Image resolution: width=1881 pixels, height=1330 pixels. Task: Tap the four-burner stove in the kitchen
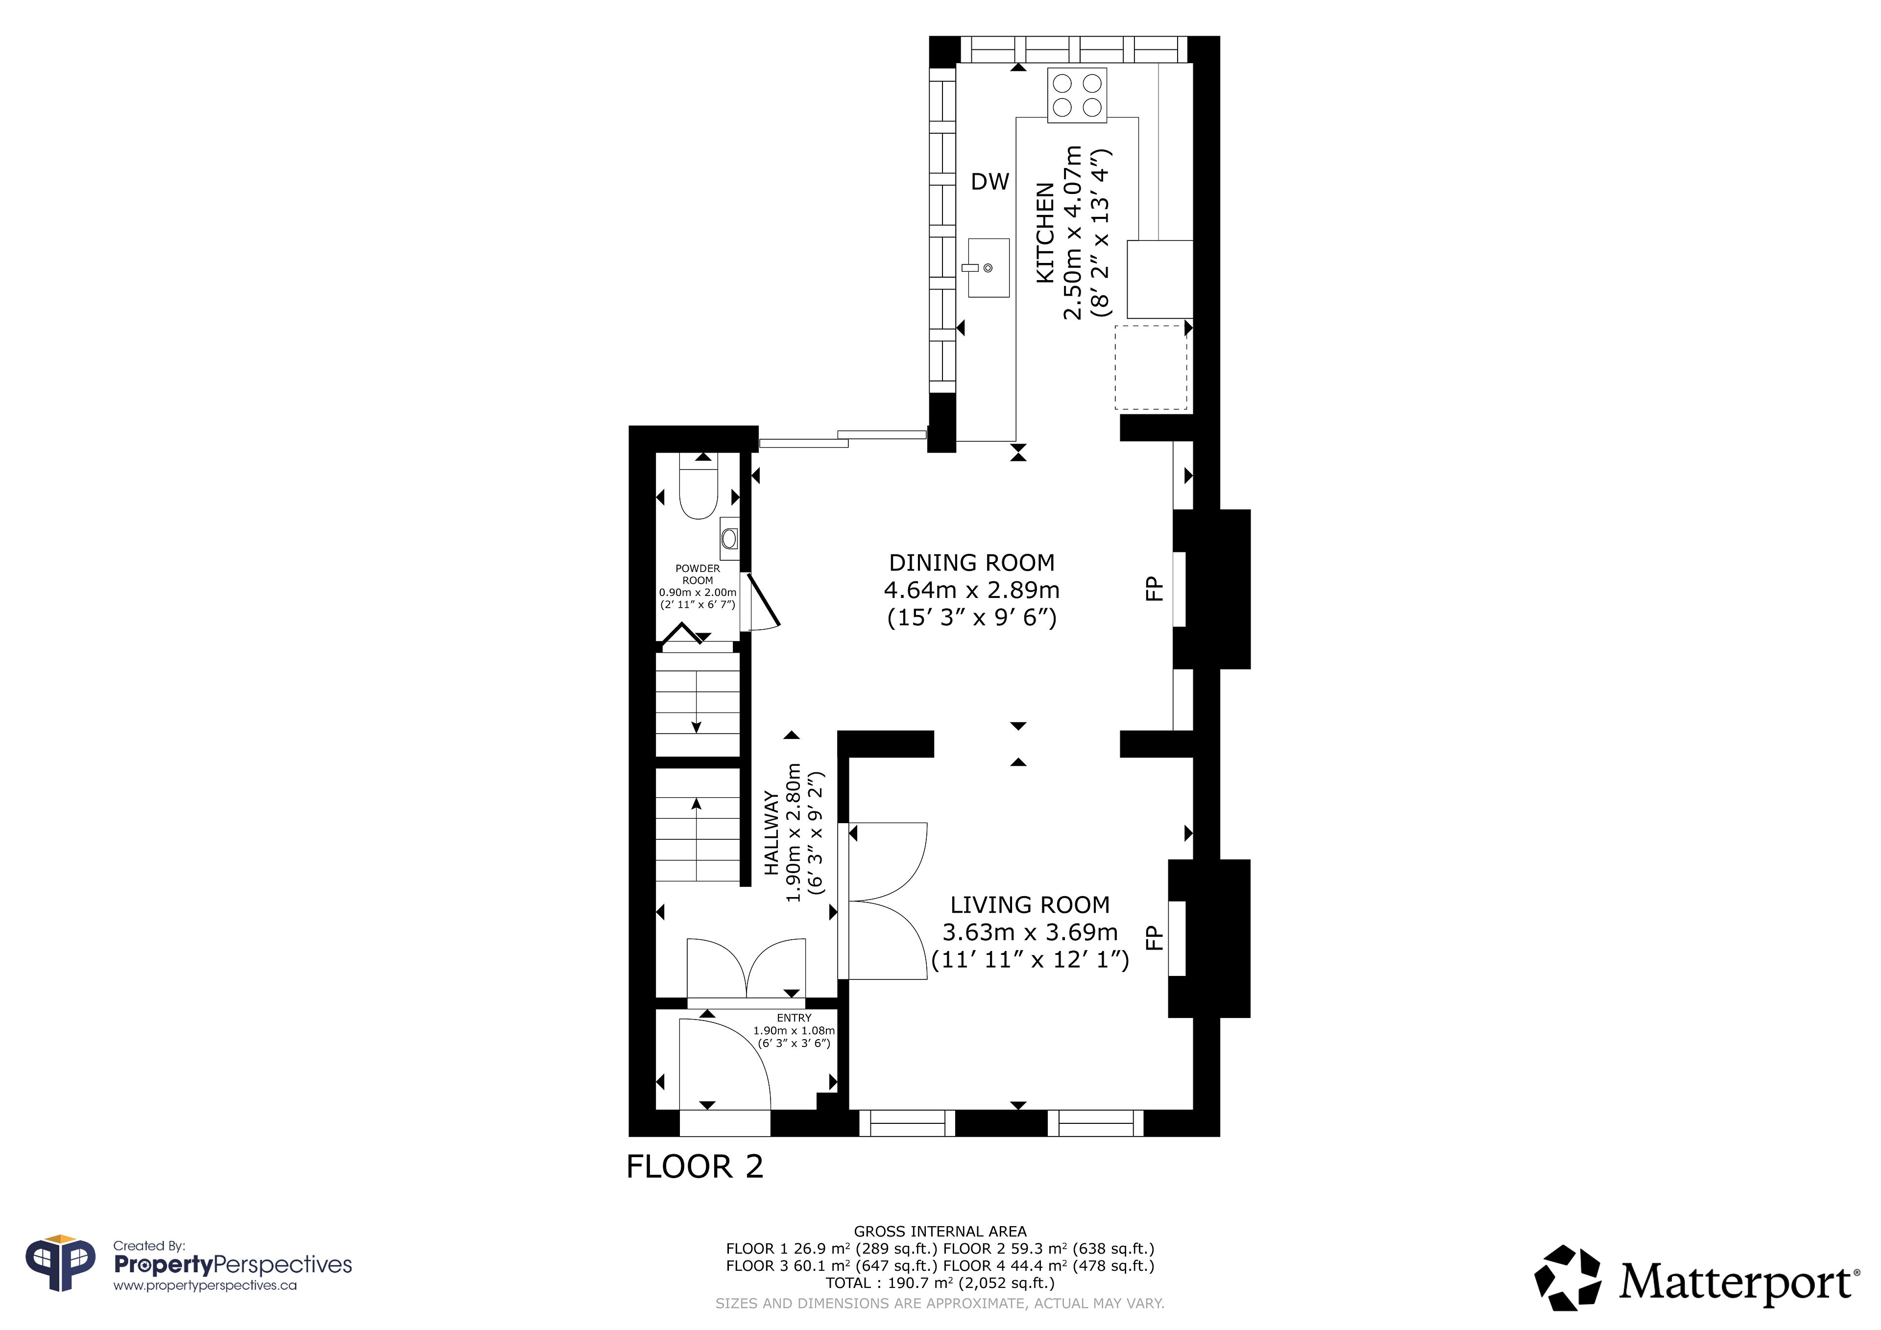[x=1077, y=95]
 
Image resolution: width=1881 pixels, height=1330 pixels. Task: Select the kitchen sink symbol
[x=988, y=267]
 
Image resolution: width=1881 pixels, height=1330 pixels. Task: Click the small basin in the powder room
[x=729, y=538]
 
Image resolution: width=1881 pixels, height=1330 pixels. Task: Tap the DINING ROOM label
[x=972, y=563]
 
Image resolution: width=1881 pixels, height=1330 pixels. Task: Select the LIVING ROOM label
[x=1030, y=905]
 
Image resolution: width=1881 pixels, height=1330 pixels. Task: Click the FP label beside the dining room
[x=1154, y=589]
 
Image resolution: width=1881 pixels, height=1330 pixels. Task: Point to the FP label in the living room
[x=1154, y=938]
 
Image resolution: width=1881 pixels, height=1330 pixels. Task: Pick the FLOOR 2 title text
[x=695, y=1167]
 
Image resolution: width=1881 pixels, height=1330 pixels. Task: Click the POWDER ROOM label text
[x=698, y=574]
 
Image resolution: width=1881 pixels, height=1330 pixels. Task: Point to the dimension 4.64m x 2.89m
[x=972, y=590]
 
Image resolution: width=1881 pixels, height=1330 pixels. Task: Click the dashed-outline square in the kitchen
[x=1150, y=367]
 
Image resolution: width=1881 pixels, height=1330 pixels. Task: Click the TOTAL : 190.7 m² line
[x=940, y=1282]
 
